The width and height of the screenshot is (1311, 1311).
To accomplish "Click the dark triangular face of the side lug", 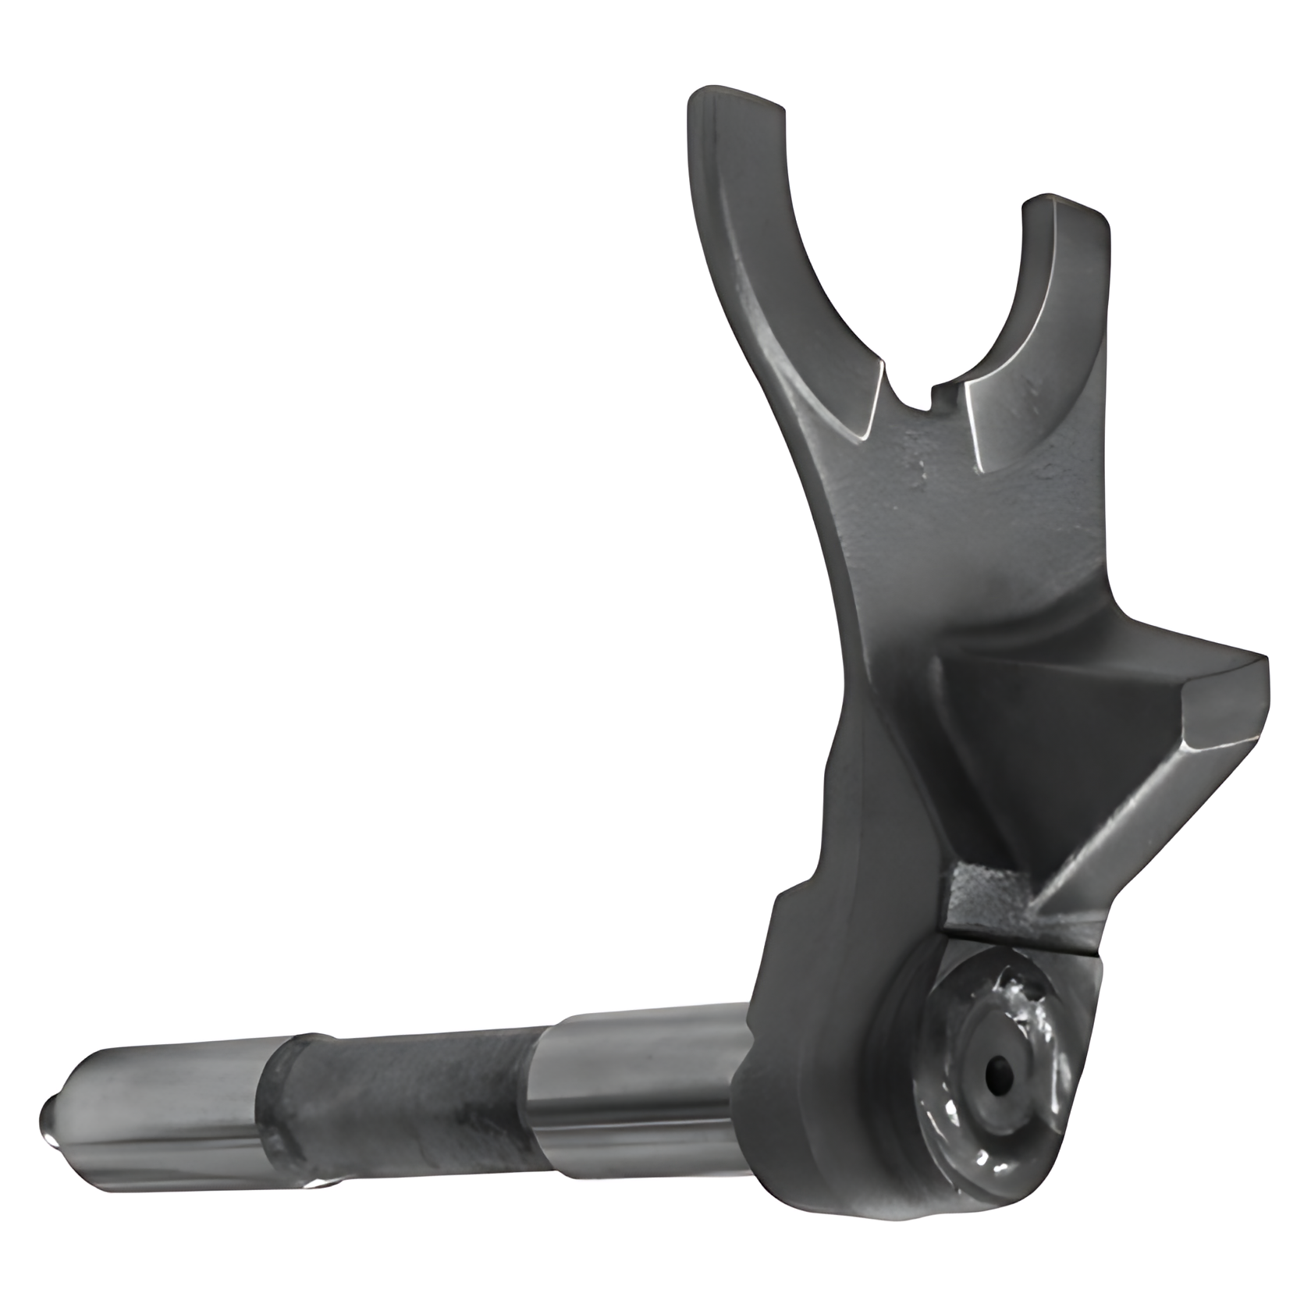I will [1061, 749].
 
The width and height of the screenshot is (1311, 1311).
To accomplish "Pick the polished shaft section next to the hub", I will [640, 1069].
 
